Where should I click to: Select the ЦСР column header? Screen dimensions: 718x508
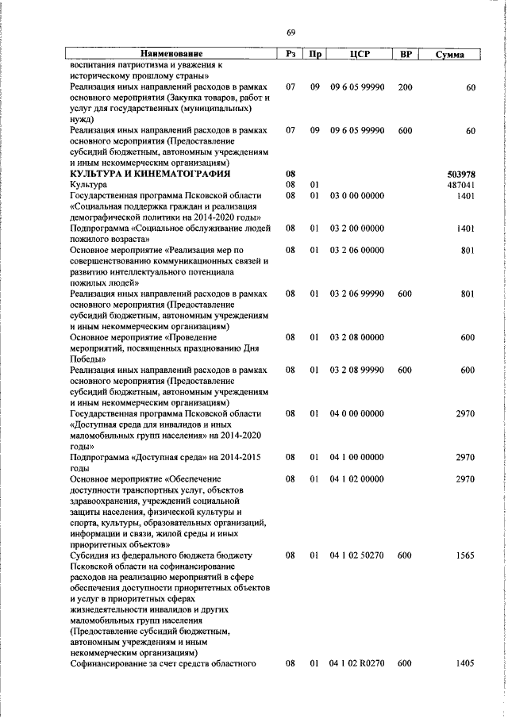point(360,54)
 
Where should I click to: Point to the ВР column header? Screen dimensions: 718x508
point(406,54)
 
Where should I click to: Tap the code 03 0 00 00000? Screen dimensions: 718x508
point(356,196)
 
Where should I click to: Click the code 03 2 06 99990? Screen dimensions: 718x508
point(356,294)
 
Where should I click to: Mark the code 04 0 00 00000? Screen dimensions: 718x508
point(356,413)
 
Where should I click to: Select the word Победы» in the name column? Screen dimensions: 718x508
point(87,359)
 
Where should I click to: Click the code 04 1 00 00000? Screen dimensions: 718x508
point(356,457)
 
